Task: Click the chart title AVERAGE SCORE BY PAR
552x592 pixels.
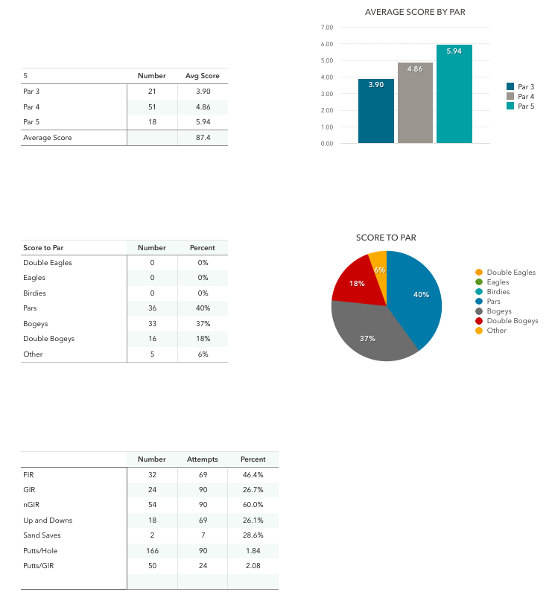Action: tap(415, 12)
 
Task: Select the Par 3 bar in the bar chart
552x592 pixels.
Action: tap(376, 112)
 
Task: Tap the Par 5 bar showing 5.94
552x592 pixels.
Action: tap(454, 97)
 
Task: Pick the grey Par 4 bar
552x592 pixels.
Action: tap(415, 104)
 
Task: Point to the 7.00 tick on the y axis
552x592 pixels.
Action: tap(326, 28)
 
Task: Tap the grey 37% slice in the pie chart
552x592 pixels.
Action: tap(369, 335)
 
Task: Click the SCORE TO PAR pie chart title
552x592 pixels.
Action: tap(386, 238)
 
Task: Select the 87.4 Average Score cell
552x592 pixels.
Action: tap(203, 138)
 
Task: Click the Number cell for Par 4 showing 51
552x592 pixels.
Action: tap(152, 106)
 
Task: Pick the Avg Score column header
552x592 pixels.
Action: tap(202, 76)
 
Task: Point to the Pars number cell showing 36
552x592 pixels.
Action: tap(152, 308)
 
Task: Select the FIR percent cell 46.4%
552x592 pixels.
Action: tap(253, 474)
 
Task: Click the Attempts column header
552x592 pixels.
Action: tap(202, 459)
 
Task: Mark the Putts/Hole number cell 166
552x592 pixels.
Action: tap(152, 551)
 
